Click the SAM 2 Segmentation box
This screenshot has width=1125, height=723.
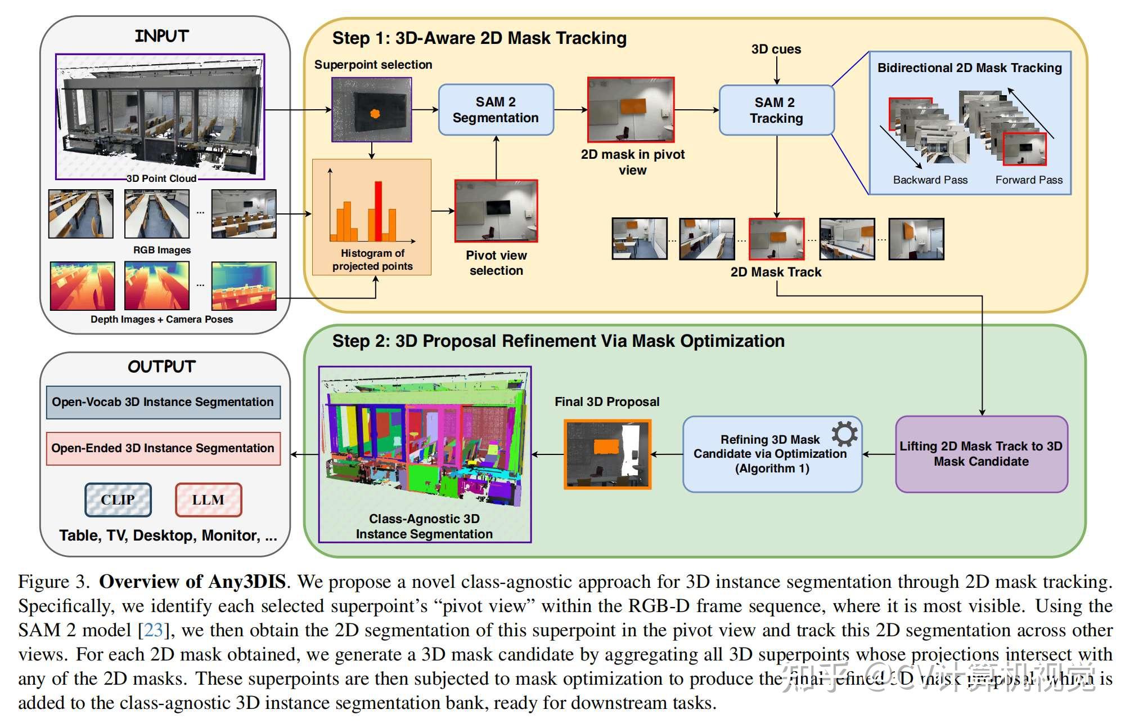496,110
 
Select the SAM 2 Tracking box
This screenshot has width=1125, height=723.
776,110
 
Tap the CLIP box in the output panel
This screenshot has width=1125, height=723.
118,499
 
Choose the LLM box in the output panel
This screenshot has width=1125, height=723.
208,499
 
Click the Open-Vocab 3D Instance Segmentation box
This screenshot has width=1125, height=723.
163,402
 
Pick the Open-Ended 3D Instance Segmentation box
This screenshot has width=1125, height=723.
163,448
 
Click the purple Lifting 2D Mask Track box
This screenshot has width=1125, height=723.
981,454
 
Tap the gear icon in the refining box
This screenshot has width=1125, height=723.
844,434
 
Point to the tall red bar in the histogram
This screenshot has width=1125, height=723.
379,211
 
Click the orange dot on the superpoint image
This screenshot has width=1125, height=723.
375,114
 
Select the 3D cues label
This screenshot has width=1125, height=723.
776,50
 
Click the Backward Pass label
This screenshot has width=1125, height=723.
930,180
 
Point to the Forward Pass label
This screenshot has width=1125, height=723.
1029,180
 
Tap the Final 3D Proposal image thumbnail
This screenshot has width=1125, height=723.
607,454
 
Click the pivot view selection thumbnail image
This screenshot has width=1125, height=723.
496,211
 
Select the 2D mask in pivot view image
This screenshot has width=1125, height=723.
631,110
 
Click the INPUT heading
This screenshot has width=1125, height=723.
162,36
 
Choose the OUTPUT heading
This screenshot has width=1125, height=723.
162,367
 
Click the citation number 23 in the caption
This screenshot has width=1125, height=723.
153,630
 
